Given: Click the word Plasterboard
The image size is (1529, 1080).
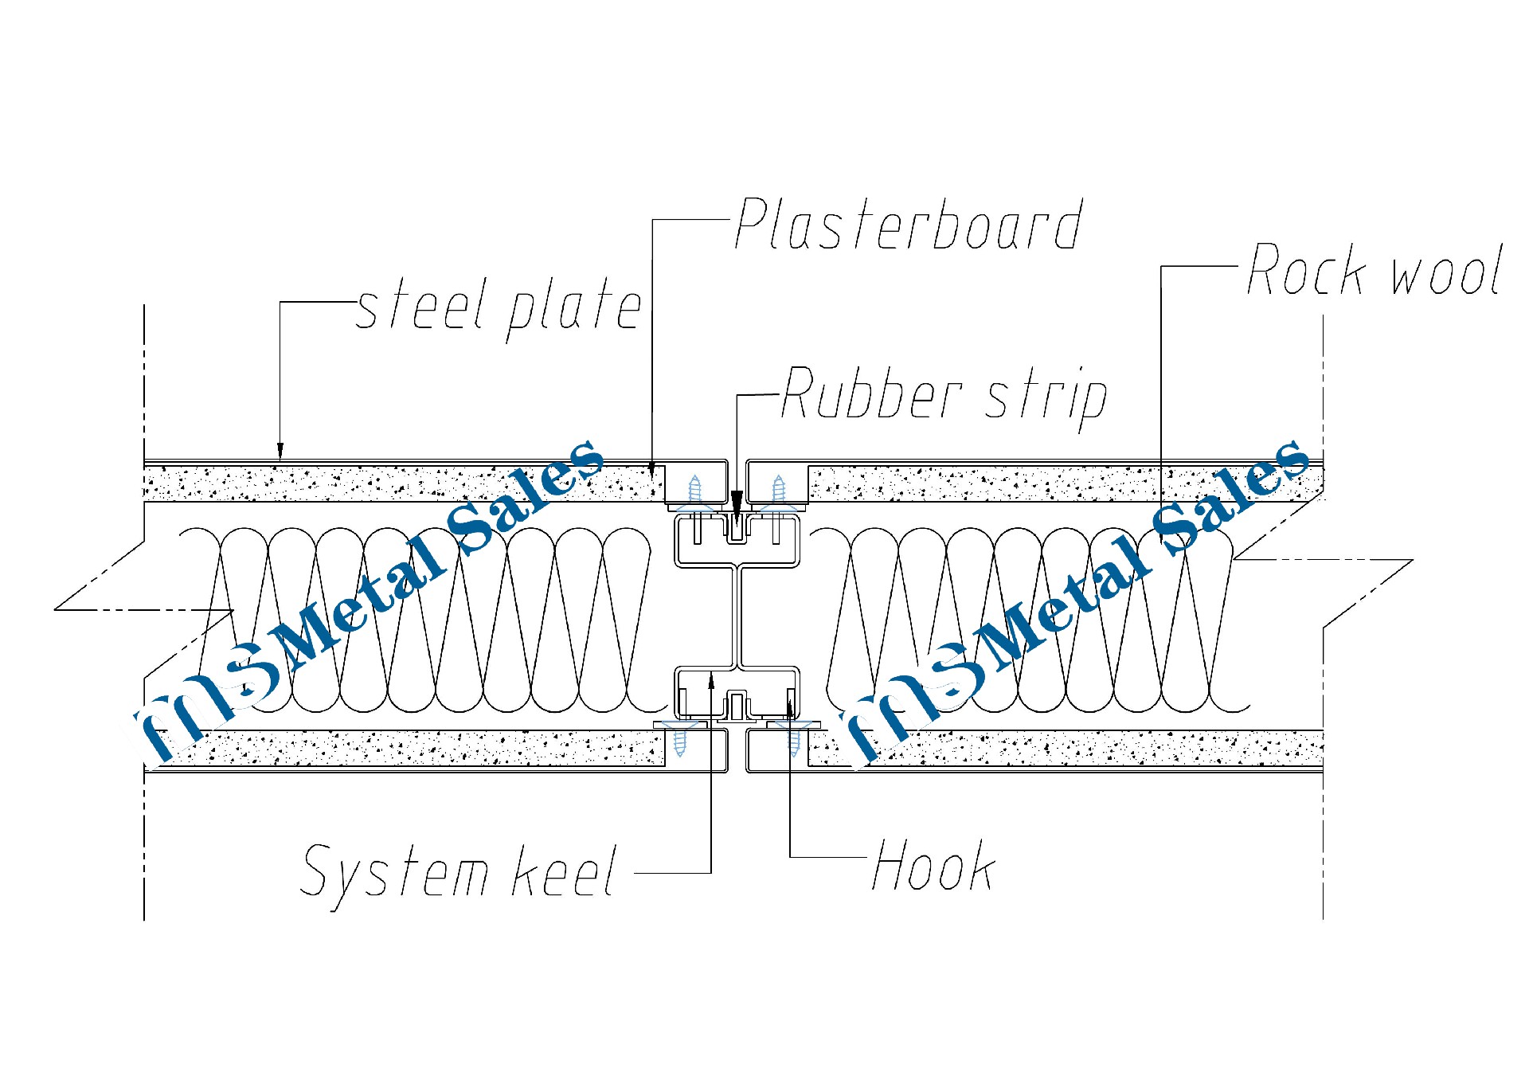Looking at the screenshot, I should pos(908,225).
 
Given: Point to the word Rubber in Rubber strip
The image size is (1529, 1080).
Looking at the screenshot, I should pos(872,394).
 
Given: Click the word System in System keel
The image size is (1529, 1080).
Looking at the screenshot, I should pos(395,872).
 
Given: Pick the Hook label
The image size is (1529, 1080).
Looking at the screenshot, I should pos(933,867).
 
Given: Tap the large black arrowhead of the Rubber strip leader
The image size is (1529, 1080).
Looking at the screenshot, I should pos(737,503).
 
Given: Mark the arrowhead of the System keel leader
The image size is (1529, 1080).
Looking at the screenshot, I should pos(711,679).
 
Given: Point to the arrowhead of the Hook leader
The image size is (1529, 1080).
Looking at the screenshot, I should pos(790,702).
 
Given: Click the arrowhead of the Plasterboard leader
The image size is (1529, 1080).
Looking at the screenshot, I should pos(653,469).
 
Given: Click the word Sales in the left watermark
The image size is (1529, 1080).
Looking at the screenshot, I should pos(526,498).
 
